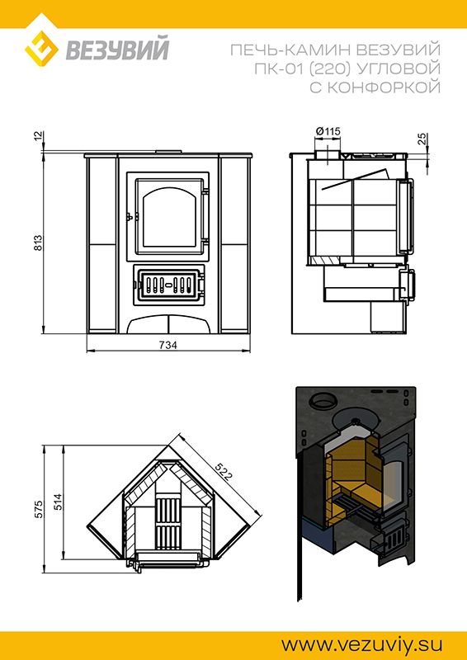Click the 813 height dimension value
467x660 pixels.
pyautogui.click(x=38, y=243)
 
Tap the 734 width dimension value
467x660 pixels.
pyautogui.click(x=168, y=345)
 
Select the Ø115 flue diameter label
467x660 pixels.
pyautogui.click(x=328, y=131)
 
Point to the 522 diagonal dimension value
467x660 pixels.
pyautogui.click(x=223, y=472)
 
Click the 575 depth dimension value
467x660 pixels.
pyautogui.click(x=38, y=510)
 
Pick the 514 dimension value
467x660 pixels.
pyautogui.click(x=57, y=502)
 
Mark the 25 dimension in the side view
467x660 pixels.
pyautogui.click(x=423, y=139)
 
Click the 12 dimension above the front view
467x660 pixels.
pyautogui.click(x=38, y=136)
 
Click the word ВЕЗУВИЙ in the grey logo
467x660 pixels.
pyautogui.click(x=117, y=49)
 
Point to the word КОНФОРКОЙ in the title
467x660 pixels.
pyautogui.click(x=384, y=87)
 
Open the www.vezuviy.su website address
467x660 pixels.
pyautogui.click(x=361, y=644)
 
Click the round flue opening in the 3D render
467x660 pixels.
pyautogui.click(x=323, y=400)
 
